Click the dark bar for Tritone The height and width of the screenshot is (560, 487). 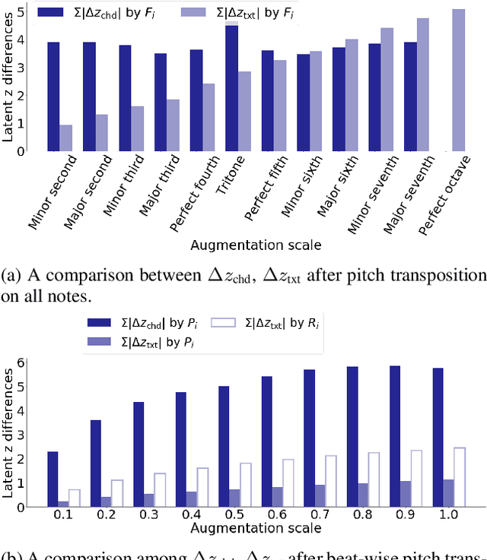coord(231,87)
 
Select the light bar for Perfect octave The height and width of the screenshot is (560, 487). coord(458,80)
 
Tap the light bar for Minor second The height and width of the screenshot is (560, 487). coord(66,138)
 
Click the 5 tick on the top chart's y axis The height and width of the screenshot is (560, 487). coord(21,11)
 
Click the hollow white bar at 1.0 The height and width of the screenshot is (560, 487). coord(460,476)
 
